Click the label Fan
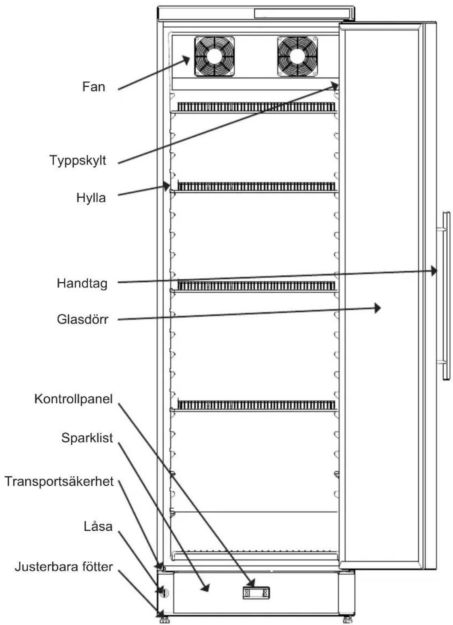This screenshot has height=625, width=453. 94,87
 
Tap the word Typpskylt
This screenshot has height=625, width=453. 78,161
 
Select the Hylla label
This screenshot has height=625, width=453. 91,198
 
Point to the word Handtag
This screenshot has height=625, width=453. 82,284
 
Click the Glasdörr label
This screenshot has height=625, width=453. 82,320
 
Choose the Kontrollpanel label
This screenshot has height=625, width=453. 73,399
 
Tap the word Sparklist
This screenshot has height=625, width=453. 87,438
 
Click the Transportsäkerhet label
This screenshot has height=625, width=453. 59,482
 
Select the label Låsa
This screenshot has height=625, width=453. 98,527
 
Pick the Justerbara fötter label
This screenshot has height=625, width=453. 64,567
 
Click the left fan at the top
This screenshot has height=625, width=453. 214,56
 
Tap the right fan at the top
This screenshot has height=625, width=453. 297,56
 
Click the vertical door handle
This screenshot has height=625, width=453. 446,296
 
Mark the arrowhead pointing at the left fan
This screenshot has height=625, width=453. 186,60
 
